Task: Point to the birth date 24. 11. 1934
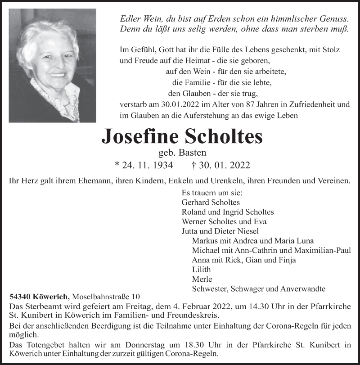[147, 165]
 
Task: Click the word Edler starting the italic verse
[130, 19]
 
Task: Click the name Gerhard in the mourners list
[195, 202]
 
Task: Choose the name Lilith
[201, 270]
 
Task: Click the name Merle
[201, 279]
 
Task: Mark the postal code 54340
[20, 297]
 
